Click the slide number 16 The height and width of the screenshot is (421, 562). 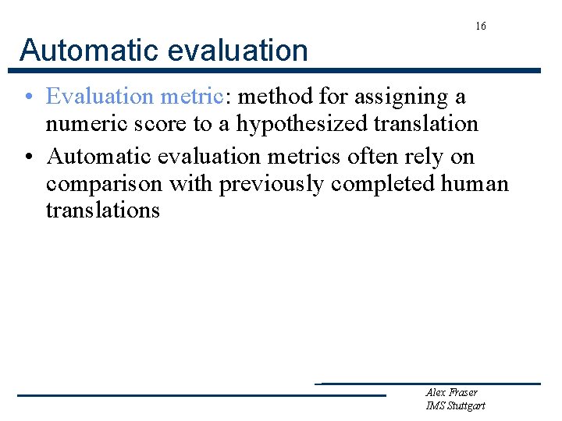click(x=481, y=27)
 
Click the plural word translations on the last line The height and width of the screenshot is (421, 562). click(x=102, y=210)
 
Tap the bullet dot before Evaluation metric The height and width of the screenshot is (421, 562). click(x=27, y=97)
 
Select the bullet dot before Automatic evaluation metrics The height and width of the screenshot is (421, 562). click(x=27, y=157)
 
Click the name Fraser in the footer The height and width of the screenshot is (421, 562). click(x=462, y=392)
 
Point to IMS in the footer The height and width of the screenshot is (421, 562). click(x=435, y=405)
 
